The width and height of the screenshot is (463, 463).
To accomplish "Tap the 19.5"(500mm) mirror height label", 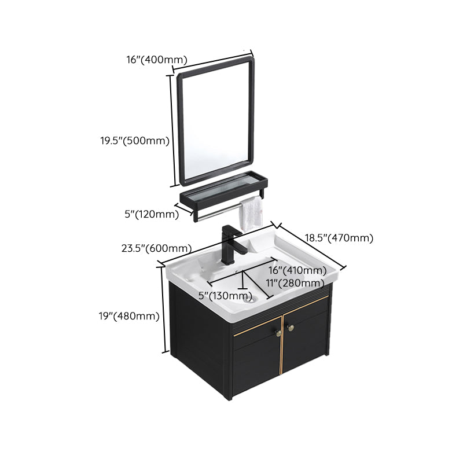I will [x=134, y=141].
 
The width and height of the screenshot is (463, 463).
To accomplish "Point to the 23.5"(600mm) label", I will [x=156, y=249].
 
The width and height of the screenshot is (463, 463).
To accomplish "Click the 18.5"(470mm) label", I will [x=339, y=238].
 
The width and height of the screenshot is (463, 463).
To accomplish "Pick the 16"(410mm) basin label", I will [x=297, y=270].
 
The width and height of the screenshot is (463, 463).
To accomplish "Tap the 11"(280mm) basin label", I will [x=295, y=283].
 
